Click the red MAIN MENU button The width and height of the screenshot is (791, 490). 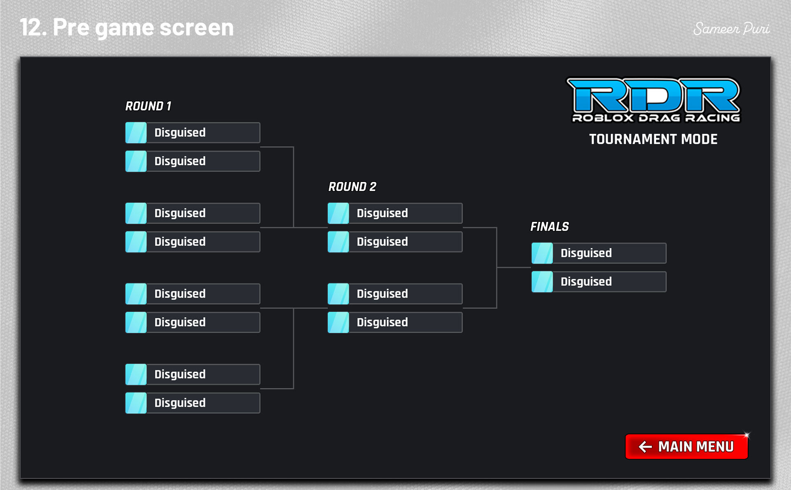pos(686,446)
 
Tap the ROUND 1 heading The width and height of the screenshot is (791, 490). pos(148,106)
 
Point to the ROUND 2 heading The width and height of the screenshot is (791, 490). pos(352,187)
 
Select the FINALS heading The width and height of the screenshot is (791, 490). pos(549,227)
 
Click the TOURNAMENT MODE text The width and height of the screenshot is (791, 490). pos(653,139)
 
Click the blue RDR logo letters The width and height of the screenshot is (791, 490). pos(653,96)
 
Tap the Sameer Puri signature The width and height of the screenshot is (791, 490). pos(731,29)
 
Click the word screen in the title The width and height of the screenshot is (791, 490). pos(197,28)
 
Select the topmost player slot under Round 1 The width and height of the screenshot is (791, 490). pos(193,133)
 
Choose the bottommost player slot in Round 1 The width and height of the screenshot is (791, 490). pos(193,403)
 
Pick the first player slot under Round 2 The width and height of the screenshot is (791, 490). pos(395,213)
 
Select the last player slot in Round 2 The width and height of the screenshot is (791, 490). pos(395,322)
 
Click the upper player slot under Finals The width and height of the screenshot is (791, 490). pos(599,253)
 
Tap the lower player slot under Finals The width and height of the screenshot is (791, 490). pos(599,282)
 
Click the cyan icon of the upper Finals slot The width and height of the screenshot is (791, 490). pos(542,253)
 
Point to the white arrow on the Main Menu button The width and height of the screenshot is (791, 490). pos(645,447)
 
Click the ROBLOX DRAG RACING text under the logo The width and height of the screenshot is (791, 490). pos(656,118)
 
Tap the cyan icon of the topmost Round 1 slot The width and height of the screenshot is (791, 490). pos(136,133)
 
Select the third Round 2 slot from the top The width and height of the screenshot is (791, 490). pos(395,294)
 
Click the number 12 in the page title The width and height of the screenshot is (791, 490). pos(30,28)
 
